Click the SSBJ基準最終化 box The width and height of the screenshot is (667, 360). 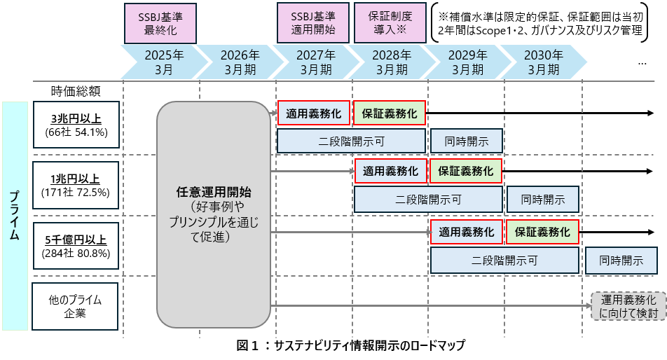click(x=160, y=23)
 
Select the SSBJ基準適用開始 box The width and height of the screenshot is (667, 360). click(x=313, y=23)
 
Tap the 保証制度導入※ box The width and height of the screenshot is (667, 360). click(x=390, y=23)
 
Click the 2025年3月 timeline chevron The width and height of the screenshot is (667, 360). click(x=164, y=62)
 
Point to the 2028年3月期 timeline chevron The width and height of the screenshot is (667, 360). click(x=392, y=62)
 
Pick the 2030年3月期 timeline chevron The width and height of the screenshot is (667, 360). click(x=543, y=62)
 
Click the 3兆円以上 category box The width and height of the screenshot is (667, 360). click(x=76, y=125)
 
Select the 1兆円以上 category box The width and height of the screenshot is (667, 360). click(x=76, y=185)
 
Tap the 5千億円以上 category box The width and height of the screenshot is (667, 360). click(x=76, y=246)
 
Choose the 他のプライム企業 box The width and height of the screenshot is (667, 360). click(x=75, y=307)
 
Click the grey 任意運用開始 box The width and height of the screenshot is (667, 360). click(x=214, y=214)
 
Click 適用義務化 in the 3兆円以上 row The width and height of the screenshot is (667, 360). click(x=313, y=113)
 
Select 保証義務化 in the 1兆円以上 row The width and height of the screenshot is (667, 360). click(x=466, y=171)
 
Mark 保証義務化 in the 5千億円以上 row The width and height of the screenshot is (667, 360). click(x=542, y=232)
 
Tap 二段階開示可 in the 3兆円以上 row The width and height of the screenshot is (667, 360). click(x=352, y=141)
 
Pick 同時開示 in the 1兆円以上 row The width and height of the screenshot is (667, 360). click(x=543, y=199)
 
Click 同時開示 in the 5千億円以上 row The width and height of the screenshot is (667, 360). click(x=621, y=261)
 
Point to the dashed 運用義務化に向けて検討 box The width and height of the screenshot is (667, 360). click(x=628, y=306)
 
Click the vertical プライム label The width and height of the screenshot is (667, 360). click(x=15, y=216)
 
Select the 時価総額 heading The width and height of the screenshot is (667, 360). click(x=76, y=91)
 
